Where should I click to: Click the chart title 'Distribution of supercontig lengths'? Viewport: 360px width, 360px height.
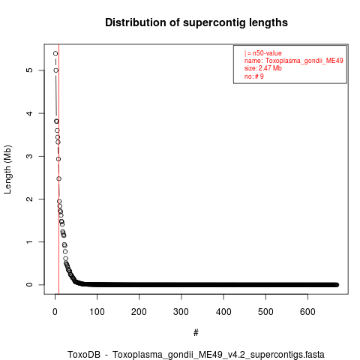coord(196,22)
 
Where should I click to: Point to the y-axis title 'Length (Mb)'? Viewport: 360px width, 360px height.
coord(7,169)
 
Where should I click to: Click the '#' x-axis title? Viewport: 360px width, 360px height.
coord(196,333)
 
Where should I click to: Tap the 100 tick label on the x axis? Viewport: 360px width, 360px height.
coord(97,312)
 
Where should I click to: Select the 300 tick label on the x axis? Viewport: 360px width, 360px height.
coord(181,312)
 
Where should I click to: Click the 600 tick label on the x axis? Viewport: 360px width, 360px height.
coord(307,312)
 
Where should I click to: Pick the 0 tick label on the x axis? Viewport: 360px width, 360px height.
coord(55,312)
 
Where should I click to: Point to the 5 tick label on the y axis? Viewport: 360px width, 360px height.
coord(29,70)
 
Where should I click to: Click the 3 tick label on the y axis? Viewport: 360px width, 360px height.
coord(29,156)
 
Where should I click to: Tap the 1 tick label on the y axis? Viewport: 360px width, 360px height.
coord(29,241)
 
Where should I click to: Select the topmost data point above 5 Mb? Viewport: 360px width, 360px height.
coord(55,53)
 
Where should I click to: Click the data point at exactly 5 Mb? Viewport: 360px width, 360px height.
coord(56,70)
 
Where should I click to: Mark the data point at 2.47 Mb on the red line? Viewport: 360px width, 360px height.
coord(58,178)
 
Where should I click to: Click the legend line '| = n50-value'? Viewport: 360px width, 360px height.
coord(263,53)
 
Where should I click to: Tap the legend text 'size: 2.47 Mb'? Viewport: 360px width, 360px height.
coord(263,68)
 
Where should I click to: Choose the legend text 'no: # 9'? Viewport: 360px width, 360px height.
coord(254,76)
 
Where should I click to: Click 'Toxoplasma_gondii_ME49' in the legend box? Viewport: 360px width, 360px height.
coord(304,61)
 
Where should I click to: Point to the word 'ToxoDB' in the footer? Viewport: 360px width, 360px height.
coord(84,354)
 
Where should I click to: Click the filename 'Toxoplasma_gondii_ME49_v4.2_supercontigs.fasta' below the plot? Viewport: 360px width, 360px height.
coord(218,355)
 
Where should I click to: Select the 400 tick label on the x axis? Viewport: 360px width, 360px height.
coord(223,312)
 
